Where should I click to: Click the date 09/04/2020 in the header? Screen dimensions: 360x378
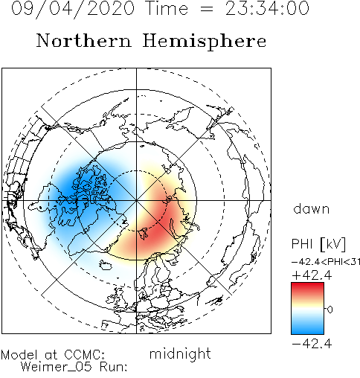click(73, 8)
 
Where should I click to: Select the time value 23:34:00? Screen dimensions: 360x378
click(267, 8)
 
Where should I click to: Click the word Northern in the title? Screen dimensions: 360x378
click(84, 41)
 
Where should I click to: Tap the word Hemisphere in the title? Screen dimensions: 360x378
click(205, 42)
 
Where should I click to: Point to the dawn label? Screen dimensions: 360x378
click(312, 208)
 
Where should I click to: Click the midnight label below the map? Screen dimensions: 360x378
click(180, 354)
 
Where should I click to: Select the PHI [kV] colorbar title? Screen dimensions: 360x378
click(318, 243)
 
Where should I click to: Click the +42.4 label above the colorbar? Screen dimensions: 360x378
click(312, 275)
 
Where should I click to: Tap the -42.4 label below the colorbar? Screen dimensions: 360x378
click(312, 344)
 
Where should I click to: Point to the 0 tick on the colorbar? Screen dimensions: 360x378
click(330, 310)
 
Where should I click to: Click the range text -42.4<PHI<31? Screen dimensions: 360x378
click(326, 262)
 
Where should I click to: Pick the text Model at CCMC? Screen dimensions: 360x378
click(53, 355)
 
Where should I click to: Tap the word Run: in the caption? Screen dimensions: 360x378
click(113, 366)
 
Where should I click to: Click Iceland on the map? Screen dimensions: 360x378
click(106, 265)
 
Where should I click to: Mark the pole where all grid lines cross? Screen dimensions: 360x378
click(136, 200)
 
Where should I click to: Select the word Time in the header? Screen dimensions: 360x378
click(167, 8)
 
